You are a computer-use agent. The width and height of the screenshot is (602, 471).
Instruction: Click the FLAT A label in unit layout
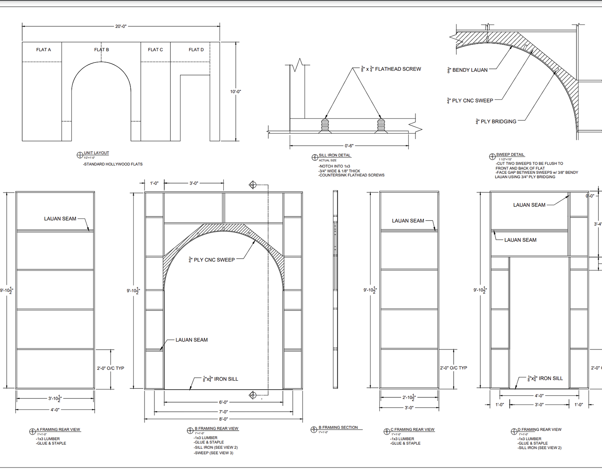(44, 50)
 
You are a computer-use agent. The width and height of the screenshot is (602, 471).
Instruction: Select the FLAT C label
(155, 50)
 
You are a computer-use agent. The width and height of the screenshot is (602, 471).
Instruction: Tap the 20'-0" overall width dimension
(121, 26)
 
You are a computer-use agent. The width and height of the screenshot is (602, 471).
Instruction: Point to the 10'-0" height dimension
(236, 91)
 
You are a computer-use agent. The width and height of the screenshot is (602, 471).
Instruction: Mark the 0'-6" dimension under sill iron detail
(349, 146)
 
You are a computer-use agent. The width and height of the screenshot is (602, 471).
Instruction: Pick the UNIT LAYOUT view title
(96, 153)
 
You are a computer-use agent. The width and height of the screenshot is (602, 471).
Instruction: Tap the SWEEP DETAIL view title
(510, 155)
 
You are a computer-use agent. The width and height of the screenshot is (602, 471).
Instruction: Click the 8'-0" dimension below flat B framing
(223, 419)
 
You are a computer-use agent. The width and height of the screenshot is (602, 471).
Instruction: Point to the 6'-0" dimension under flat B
(223, 402)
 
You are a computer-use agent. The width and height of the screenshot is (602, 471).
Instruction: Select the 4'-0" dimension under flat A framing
(55, 410)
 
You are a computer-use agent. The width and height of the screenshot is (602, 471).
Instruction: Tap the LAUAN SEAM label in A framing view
(60, 219)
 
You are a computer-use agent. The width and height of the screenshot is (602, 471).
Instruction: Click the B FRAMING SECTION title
(338, 427)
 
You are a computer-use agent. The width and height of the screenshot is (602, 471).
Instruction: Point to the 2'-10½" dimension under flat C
(409, 398)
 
